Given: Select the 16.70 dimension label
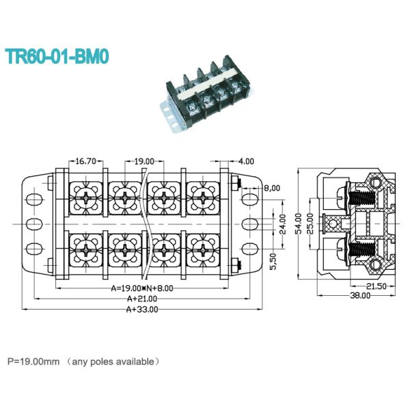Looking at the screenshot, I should click(x=85, y=162).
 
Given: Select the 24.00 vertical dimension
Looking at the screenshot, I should click(x=282, y=224).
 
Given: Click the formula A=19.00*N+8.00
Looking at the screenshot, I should click(x=141, y=289).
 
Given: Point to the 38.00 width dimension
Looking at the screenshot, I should click(x=360, y=296).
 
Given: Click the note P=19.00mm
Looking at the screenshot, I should click(x=33, y=360).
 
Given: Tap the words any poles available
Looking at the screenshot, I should click(x=117, y=360).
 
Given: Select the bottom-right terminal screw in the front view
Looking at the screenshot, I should click(x=202, y=251).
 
